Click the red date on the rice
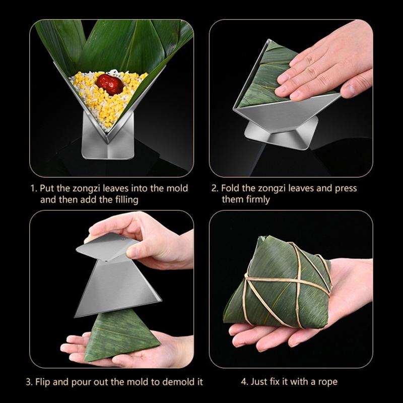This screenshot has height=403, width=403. point(109,84)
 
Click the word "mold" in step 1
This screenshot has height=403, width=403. point(177,188)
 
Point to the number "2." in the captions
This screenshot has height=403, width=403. point(215,188)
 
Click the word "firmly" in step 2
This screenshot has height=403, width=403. point(258,199)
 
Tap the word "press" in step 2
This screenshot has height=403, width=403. point(346,188)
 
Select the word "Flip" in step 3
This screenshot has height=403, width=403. point(43,382)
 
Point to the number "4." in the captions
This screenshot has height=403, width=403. point(245,382)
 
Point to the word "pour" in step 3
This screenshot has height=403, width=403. point(81,382)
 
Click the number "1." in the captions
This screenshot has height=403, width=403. point(34,188)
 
